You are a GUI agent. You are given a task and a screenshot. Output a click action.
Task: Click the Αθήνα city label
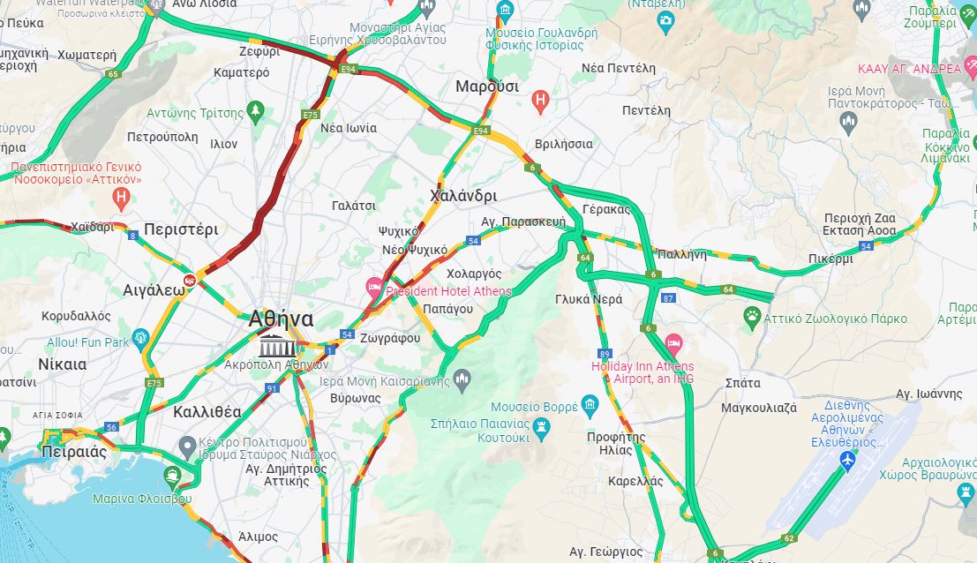[281, 319]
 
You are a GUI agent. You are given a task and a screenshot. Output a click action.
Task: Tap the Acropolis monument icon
[277, 345]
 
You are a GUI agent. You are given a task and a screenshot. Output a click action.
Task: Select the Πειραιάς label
[73, 452]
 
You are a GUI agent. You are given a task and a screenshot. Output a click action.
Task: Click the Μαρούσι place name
[486, 86]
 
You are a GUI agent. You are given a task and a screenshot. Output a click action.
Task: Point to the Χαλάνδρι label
[462, 195]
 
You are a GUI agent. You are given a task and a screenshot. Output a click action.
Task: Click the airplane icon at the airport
[848, 460]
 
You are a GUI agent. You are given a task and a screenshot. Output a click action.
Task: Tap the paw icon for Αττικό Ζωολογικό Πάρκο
[752, 315]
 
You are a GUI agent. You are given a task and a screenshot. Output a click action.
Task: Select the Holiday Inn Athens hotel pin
[673, 342]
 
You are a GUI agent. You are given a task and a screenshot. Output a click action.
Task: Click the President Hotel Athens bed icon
[374, 286]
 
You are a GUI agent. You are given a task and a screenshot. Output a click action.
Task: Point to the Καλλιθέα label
[207, 411]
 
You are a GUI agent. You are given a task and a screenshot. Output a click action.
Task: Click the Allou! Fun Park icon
[140, 338]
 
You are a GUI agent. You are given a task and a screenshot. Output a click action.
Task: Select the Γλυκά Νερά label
[589, 299]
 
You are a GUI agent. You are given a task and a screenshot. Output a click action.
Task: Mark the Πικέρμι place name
[830, 259]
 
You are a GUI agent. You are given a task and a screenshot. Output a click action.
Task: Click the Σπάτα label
[742, 383]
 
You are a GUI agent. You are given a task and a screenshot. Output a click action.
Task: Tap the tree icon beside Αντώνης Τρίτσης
[256, 110]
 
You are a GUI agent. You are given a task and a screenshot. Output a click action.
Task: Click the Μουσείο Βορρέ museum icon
[590, 406]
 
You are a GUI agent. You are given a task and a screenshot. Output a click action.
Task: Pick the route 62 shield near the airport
[788, 537]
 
